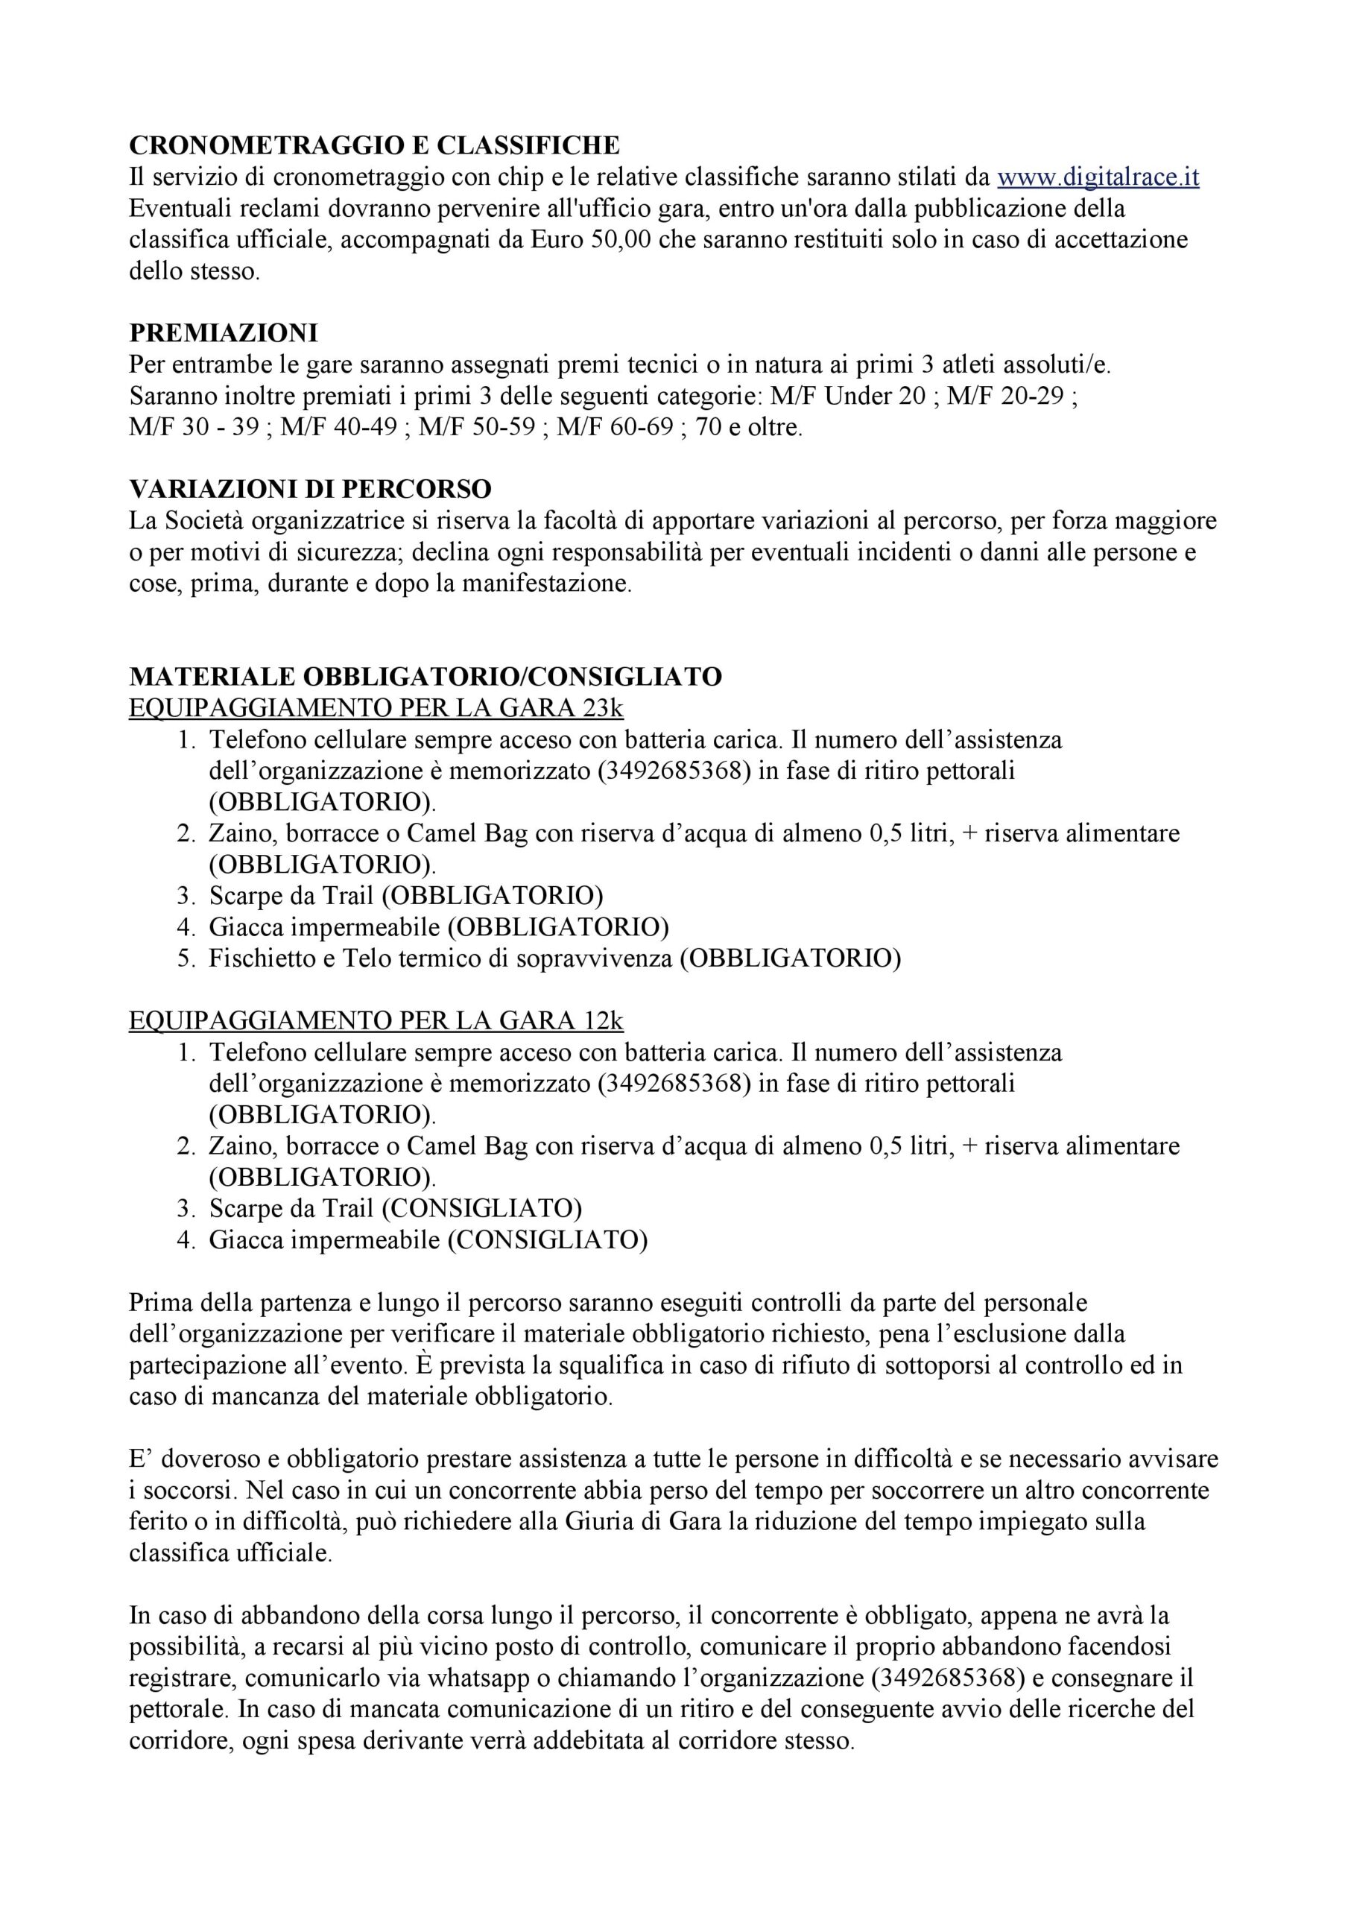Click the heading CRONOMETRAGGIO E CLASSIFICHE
point(374,145)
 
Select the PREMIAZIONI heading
point(224,333)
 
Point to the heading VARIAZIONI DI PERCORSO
point(310,489)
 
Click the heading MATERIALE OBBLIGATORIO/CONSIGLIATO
point(425,677)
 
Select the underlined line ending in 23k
point(376,708)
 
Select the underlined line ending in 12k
point(376,1020)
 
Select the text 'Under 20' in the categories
point(873,397)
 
